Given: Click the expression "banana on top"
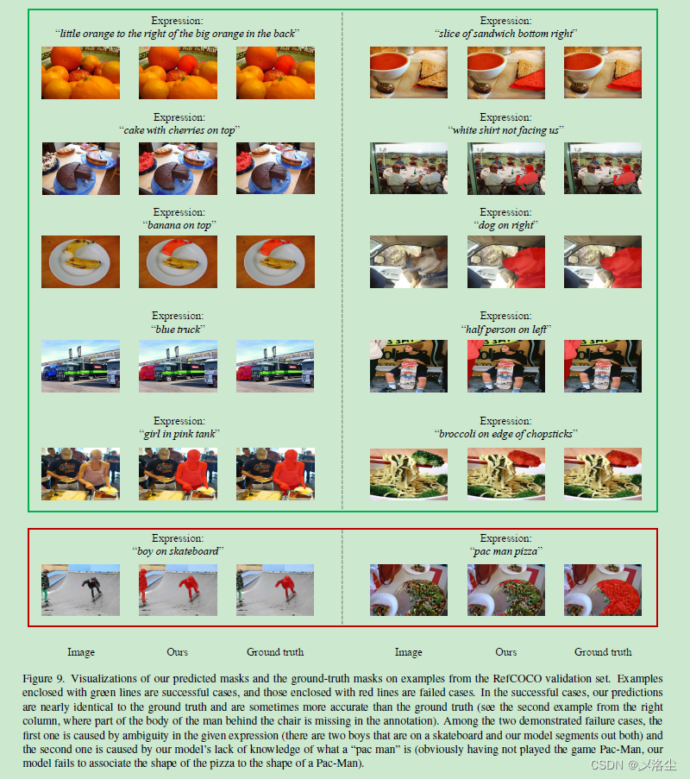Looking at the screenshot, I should (x=179, y=225).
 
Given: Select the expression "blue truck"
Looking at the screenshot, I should (x=179, y=330).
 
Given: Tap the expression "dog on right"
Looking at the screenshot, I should (x=506, y=225).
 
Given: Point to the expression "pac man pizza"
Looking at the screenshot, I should (x=506, y=551).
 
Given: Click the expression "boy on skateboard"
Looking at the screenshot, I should (x=179, y=551).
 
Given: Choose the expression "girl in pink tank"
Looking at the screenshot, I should (x=179, y=434).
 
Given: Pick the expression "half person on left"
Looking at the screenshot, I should (x=506, y=330).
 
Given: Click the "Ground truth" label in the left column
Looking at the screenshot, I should (x=275, y=652).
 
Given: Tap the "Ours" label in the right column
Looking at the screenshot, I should (x=506, y=652).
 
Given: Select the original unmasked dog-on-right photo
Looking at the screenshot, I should (x=409, y=261).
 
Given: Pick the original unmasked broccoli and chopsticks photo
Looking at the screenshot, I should (x=409, y=474).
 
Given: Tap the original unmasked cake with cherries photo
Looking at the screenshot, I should (x=81, y=167).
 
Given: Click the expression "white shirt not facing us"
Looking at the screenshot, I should (x=506, y=130).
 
